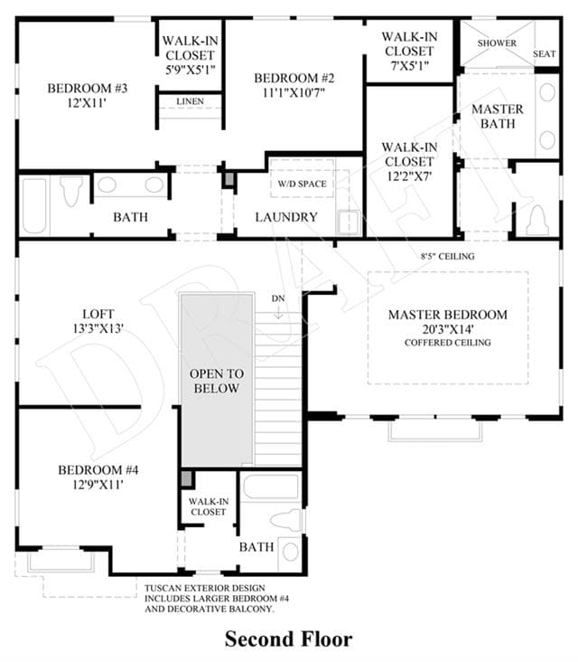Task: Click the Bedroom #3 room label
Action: tap(88, 89)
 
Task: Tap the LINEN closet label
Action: tap(191, 101)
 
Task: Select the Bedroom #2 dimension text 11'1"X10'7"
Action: tap(294, 92)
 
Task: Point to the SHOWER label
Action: tap(497, 43)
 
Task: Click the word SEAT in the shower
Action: tap(545, 54)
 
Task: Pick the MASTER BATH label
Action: tap(498, 117)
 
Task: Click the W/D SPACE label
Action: tap(302, 184)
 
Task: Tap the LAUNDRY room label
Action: tap(286, 217)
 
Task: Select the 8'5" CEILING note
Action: tap(448, 256)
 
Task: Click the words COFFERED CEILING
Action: tap(448, 343)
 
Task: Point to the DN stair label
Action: tap(278, 298)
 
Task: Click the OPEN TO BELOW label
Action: tap(217, 381)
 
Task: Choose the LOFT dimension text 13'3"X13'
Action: tap(98, 328)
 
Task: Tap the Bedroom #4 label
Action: tap(98, 470)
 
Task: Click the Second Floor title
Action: tap(289, 639)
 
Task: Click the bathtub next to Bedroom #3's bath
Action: tap(34, 206)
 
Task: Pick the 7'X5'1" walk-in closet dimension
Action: tap(409, 65)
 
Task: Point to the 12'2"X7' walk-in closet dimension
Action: tap(409, 176)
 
